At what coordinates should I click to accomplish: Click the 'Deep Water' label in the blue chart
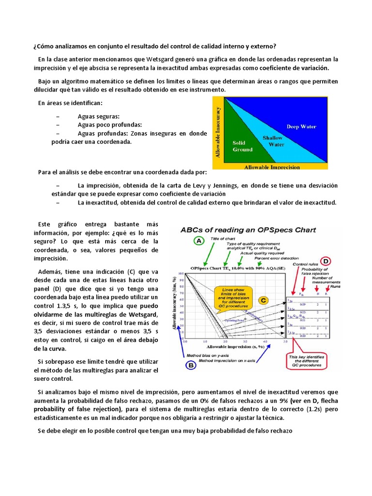click(x=301, y=127)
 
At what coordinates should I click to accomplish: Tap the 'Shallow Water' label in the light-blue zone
click(x=273, y=141)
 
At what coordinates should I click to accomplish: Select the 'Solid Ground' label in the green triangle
click(x=243, y=146)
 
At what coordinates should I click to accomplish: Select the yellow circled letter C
click(x=263, y=300)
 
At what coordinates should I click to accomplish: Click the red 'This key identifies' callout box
click(x=307, y=365)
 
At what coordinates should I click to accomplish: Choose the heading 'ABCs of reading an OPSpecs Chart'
click(x=248, y=230)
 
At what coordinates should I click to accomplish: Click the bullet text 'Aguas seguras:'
click(x=98, y=116)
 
